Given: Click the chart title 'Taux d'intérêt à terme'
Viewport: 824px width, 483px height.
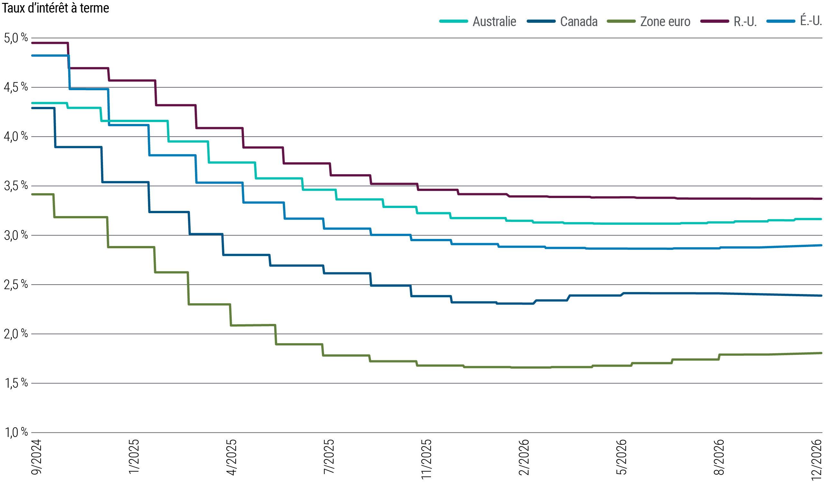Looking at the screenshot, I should (56, 8).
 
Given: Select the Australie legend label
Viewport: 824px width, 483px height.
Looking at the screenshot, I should (494, 22).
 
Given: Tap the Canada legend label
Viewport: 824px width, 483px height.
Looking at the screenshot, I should (579, 22).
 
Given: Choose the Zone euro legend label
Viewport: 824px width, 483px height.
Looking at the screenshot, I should (665, 22).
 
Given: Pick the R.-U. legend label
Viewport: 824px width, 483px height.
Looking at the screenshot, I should (745, 22).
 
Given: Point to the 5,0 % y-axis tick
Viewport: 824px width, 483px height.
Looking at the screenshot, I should (16, 38).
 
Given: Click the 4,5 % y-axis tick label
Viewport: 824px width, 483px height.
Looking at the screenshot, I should (16, 87).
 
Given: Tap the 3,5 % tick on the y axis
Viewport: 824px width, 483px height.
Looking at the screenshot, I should (16, 186).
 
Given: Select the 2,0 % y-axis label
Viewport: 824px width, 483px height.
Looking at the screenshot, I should (16, 334).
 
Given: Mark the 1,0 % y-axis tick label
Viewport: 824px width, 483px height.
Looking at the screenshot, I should (16, 432).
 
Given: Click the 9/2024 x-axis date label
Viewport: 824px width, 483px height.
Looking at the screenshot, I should (37, 458).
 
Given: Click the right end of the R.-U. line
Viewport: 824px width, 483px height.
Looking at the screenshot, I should (821, 198).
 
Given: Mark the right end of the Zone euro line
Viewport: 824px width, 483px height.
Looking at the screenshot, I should (821, 353).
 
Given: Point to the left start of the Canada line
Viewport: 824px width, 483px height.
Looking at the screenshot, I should (32, 108).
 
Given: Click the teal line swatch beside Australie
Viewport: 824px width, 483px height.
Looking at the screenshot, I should (454, 21).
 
